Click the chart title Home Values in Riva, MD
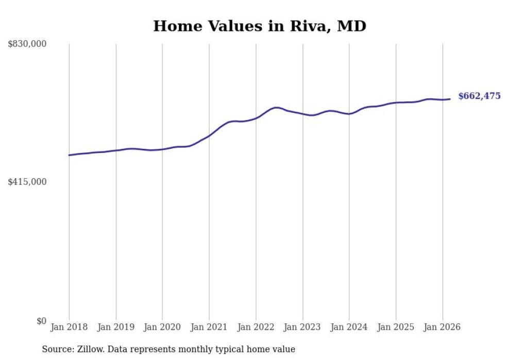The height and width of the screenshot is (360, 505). (260, 26)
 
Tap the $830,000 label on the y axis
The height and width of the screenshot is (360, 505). (27, 44)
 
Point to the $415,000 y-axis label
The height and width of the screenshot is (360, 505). (27, 182)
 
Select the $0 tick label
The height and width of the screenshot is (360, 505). (41, 321)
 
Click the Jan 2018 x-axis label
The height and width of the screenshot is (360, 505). (69, 327)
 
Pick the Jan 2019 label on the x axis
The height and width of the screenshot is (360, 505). (116, 327)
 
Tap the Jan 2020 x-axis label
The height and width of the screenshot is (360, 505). (162, 327)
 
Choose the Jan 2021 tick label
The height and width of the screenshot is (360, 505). (209, 327)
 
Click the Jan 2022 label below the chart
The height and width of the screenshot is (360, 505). (256, 327)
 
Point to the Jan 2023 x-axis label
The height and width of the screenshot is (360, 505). (302, 327)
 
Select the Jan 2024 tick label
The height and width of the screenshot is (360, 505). (349, 327)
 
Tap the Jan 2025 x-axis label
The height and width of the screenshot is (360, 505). (396, 327)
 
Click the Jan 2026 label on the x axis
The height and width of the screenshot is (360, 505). (442, 327)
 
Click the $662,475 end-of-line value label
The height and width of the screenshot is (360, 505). (479, 96)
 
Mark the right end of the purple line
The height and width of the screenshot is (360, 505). (450, 99)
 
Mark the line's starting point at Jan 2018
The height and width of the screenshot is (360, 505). (69, 155)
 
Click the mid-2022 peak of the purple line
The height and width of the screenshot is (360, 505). (277, 108)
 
